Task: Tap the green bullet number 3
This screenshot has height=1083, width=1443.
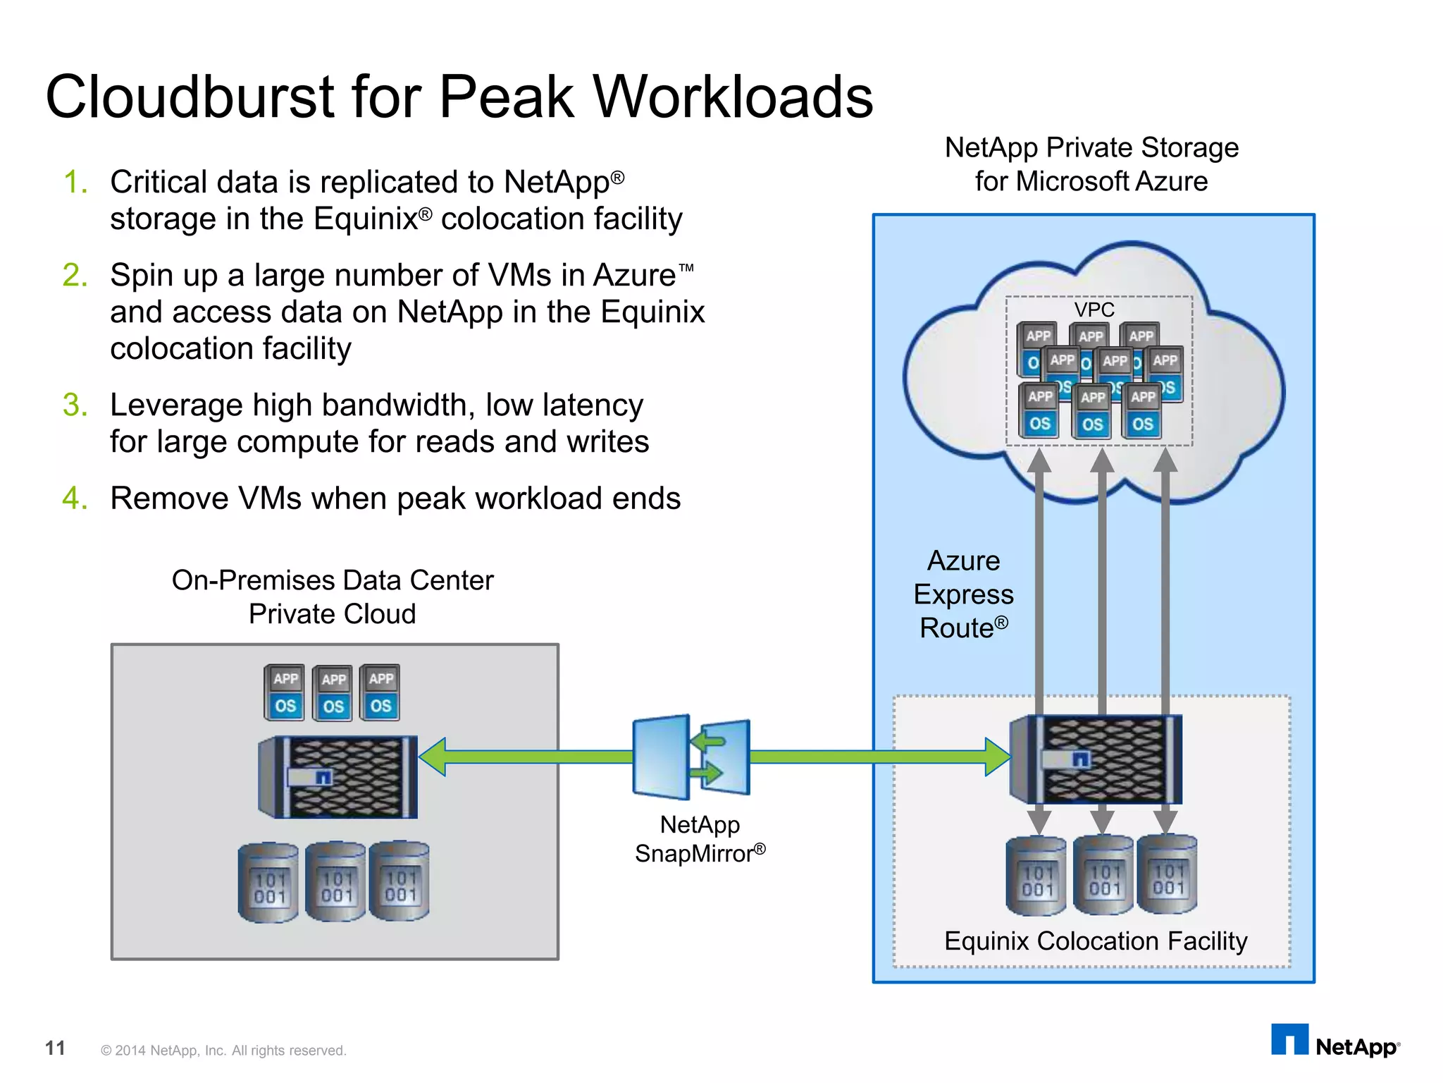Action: coord(75,405)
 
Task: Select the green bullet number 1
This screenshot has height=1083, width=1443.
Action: coord(75,183)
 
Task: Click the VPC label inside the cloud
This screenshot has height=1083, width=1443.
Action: coord(1094,310)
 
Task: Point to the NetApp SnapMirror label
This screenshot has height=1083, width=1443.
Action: coord(700,839)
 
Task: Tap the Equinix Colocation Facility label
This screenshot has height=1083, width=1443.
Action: coord(1095,941)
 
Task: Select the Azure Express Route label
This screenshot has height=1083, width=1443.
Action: coord(963,594)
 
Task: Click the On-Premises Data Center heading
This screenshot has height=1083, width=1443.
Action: coord(333,580)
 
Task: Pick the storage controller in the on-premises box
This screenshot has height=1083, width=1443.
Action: coord(338,777)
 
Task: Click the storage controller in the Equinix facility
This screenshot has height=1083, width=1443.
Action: coord(1096,759)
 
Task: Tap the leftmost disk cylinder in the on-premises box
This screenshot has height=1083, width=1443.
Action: coord(268,882)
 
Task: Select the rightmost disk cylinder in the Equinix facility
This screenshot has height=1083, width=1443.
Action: coord(1167,874)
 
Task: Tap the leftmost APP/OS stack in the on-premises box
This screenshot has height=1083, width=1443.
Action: coord(285,692)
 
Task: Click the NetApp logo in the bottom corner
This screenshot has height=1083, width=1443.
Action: coord(1335,1041)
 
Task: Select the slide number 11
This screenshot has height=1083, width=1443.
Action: coord(55,1048)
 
